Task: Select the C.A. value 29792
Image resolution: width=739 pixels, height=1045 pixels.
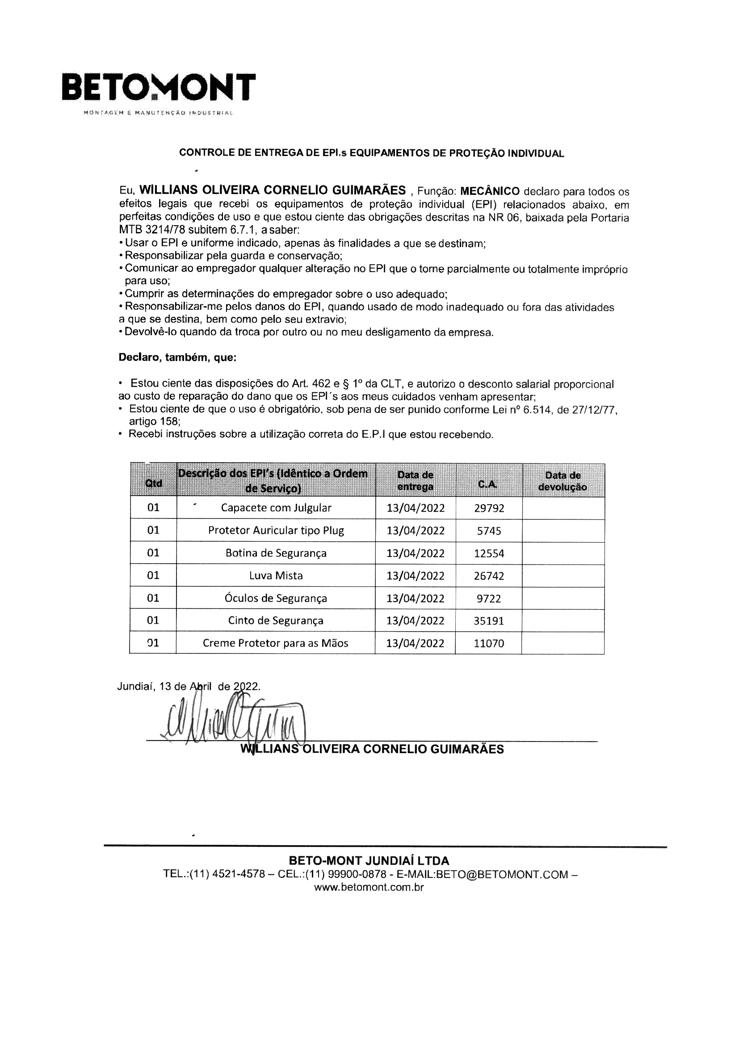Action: [489, 508]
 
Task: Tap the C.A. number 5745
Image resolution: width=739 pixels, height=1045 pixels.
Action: [489, 531]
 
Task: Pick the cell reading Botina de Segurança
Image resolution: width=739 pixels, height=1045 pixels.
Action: [276, 553]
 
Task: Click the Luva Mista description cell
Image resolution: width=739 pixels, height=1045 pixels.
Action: [276, 576]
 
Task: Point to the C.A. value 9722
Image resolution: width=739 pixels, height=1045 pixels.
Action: [489, 598]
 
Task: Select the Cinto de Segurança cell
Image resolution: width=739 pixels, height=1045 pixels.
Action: [276, 620]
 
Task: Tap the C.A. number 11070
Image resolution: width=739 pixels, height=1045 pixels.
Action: [489, 644]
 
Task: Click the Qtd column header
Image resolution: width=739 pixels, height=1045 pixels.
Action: [153, 483]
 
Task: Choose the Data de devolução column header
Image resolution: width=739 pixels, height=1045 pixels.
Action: [563, 481]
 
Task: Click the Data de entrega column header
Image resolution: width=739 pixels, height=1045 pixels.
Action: [415, 481]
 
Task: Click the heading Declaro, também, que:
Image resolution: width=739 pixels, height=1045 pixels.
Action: [177, 358]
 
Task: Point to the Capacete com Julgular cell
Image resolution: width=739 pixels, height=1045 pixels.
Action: [276, 508]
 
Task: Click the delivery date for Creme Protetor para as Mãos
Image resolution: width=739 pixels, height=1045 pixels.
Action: [415, 644]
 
